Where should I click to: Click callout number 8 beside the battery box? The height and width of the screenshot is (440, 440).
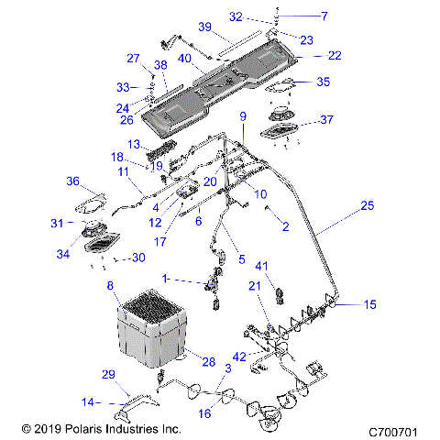(x=112, y=287)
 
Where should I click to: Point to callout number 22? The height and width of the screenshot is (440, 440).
(x=334, y=56)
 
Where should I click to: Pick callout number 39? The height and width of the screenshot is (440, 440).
(x=205, y=26)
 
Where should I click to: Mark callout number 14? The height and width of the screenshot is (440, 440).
(x=88, y=401)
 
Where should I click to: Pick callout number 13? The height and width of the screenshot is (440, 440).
(x=133, y=144)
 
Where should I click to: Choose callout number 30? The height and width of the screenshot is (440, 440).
(x=138, y=258)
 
